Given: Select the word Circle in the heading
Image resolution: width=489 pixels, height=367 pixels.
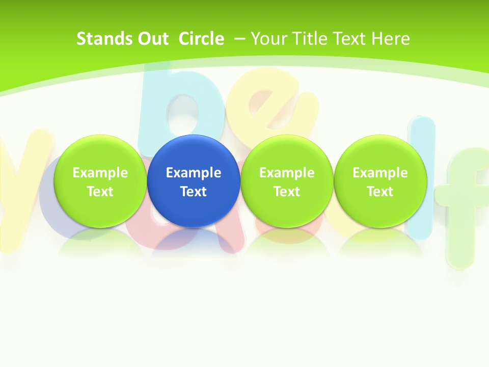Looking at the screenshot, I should [x=201, y=39].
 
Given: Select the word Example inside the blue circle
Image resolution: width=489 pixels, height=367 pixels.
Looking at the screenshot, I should [x=194, y=173].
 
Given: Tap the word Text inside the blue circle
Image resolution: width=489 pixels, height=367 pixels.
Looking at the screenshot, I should [x=194, y=192].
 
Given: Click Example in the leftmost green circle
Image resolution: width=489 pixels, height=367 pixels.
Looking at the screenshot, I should [x=100, y=173].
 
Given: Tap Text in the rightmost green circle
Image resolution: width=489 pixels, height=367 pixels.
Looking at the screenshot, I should [x=380, y=192].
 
